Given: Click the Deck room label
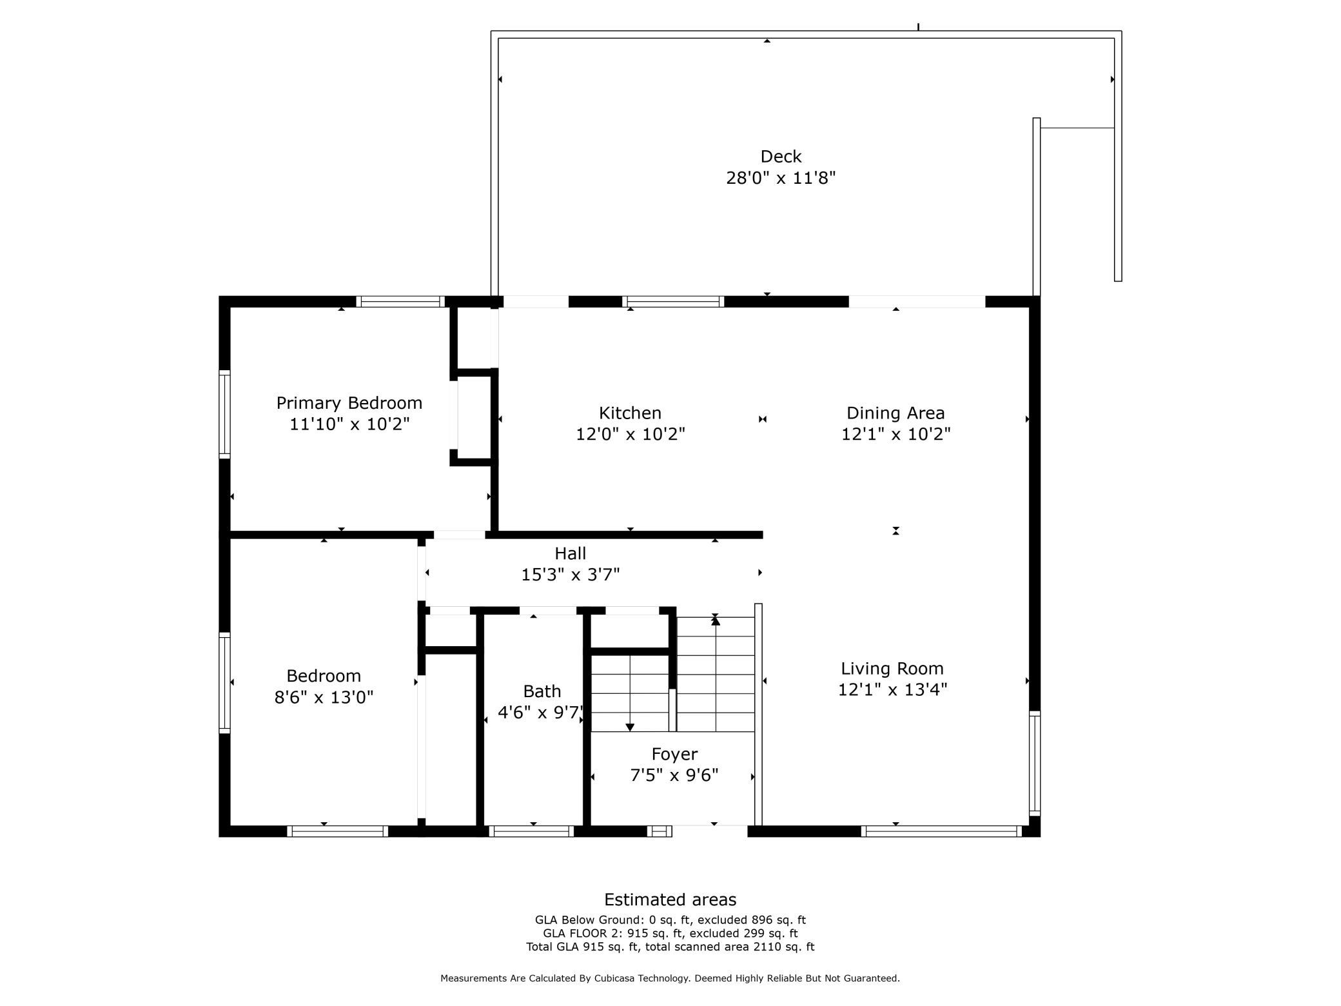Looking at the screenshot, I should (x=781, y=157).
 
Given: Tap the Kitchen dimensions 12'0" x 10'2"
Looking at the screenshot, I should (x=630, y=434).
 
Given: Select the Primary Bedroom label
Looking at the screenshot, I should (x=349, y=403).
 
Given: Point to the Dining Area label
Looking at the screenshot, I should (x=895, y=413).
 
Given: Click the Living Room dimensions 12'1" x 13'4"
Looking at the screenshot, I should (x=892, y=689).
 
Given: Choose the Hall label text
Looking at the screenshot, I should (x=570, y=553).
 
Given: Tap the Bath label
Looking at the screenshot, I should (x=542, y=691).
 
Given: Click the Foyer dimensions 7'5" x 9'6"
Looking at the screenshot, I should (x=674, y=775).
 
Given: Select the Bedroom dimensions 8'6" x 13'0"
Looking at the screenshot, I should (x=324, y=697).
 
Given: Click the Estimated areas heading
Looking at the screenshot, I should (x=670, y=900).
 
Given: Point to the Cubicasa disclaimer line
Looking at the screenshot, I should (x=670, y=978).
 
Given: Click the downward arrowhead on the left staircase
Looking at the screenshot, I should (x=630, y=727).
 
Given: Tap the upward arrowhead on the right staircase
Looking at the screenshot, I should (x=715, y=621).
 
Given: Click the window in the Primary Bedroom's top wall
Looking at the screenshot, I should (x=400, y=301).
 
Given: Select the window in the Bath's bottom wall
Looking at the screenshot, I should (x=531, y=831).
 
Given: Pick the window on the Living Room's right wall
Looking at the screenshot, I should (x=1034, y=763).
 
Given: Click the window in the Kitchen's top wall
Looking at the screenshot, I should (x=672, y=301).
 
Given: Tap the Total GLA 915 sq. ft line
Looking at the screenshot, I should (x=670, y=947).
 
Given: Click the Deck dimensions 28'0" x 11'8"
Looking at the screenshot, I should (x=781, y=178).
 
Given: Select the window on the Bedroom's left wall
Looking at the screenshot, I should (x=224, y=682).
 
